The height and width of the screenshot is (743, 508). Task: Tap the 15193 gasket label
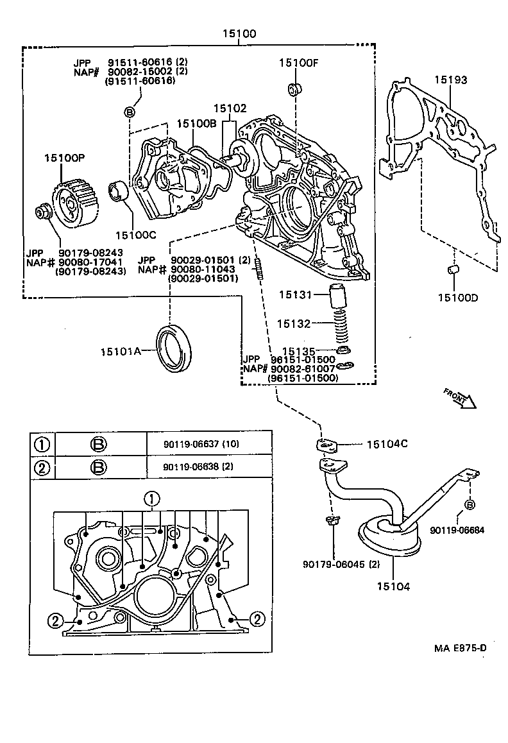pyautogui.click(x=450, y=80)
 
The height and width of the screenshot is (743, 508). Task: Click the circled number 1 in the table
pyautogui.click(x=42, y=443)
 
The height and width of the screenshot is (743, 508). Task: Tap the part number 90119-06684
pyautogui.click(x=457, y=529)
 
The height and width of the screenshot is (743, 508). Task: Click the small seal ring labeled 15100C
pyautogui.click(x=120, y=191)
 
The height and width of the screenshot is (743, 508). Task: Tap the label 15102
pyautogui.click(x=229, y=109)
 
